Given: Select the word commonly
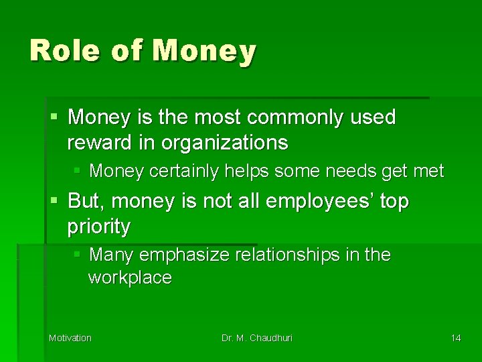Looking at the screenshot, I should pyautogui.click(x=297, y=118).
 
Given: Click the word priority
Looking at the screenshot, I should pyautogui.click(x=98, y=227).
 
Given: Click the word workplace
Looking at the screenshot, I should pyautogui.click(x=130, y=278).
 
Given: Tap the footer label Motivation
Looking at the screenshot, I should pyautogui.click(x=70, y=338).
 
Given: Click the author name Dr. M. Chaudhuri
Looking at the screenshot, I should pyautogui.click(x=257, y=338).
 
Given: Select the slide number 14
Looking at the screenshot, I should pyautogui.click(x=455, y=338).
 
